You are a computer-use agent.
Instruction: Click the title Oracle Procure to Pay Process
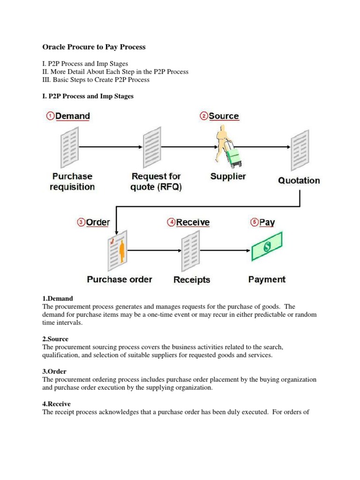tap(94, 47)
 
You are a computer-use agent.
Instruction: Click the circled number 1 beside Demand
tap(50, 116)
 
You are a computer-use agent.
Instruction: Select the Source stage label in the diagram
tap(224, 116)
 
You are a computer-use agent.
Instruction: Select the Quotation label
tap(299, 180)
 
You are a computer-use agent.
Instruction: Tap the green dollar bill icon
tap(267, 247)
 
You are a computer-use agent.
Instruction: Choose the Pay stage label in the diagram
tap(267, 223)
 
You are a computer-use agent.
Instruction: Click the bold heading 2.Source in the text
tap(55, 339)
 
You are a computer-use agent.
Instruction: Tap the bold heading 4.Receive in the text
tap(56, 404)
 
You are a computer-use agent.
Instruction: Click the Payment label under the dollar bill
tap(267, 280)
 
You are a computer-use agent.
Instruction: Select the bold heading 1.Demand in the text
tap(58, 299)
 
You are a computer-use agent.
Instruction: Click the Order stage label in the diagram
tap(98, 223)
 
